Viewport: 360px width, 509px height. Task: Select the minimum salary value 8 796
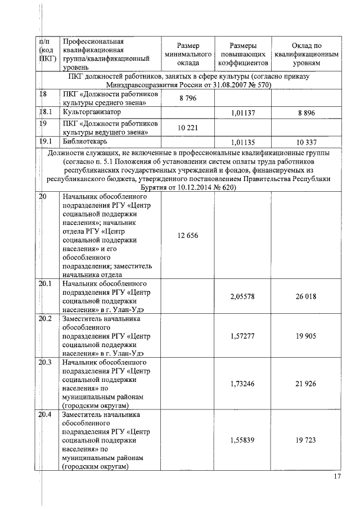tap(188, 98)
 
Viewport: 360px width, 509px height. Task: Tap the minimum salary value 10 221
tap(188, 128)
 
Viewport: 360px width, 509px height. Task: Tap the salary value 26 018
tap(307, 296)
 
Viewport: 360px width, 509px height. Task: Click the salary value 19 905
tap(307, 336)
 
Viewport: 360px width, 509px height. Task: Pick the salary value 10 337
tap(307, 142)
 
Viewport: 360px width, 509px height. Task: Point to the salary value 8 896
tap(307, 112)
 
